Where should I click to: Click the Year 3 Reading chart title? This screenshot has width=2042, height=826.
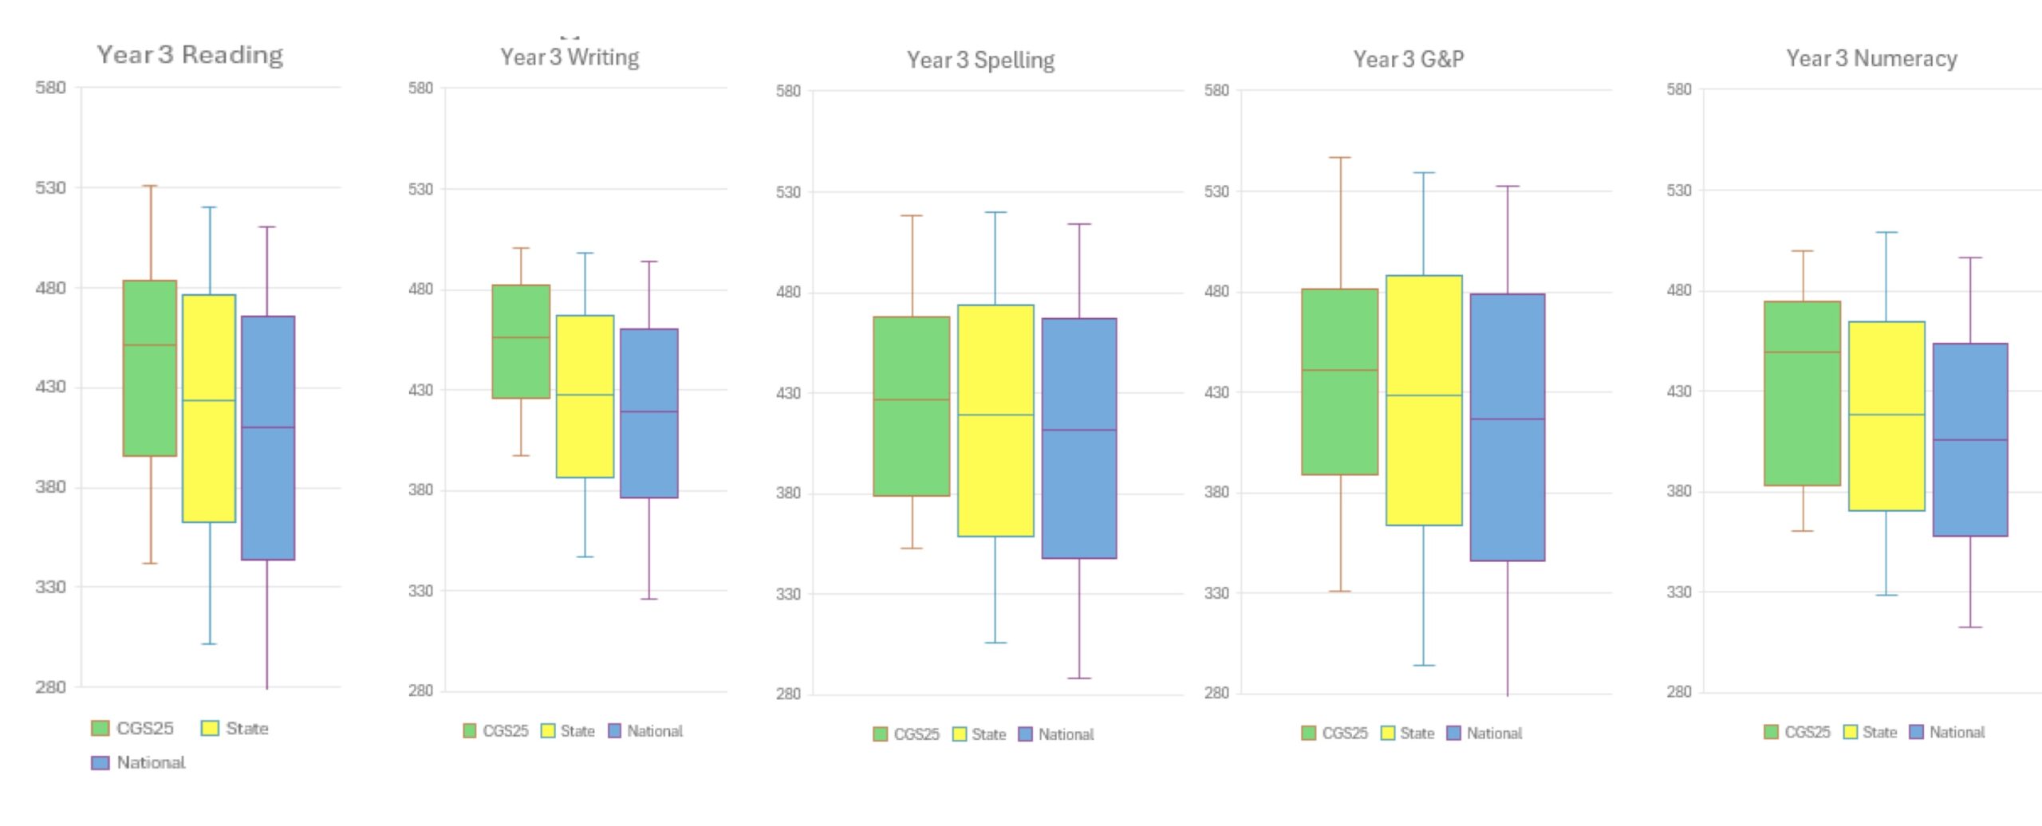(190, 55)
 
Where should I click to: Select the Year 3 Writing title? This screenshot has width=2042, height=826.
(570, 57)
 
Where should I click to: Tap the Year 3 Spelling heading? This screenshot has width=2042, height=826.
(980, 60)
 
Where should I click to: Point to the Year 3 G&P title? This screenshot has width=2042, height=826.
(1409, 59)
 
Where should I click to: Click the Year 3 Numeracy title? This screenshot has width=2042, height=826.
(1871, 58)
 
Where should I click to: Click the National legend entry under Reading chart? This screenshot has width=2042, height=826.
(140, 763)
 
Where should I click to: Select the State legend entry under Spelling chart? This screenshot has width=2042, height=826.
(980, 734)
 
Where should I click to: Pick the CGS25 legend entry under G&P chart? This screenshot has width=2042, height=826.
(1334, 734)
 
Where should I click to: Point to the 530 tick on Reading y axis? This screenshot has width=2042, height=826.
(50, 187)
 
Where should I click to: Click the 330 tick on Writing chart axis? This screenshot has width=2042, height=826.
(420, 591)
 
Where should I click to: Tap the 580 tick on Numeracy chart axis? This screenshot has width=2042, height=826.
(1679, 89)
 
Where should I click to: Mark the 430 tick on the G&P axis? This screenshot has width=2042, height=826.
(1217, 392)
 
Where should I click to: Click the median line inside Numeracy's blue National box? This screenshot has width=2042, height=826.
(1970, 440)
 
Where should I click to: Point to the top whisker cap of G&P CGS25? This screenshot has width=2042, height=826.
(1340, 158)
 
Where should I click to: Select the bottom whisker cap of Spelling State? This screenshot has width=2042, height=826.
(995, 643)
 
